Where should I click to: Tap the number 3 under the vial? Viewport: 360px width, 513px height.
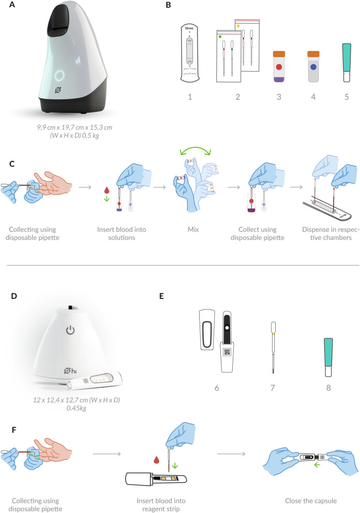279,95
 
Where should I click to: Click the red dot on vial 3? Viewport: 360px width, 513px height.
279,67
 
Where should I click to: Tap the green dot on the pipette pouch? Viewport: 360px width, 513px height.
220,37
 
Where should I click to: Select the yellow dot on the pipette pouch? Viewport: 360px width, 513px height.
238,25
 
